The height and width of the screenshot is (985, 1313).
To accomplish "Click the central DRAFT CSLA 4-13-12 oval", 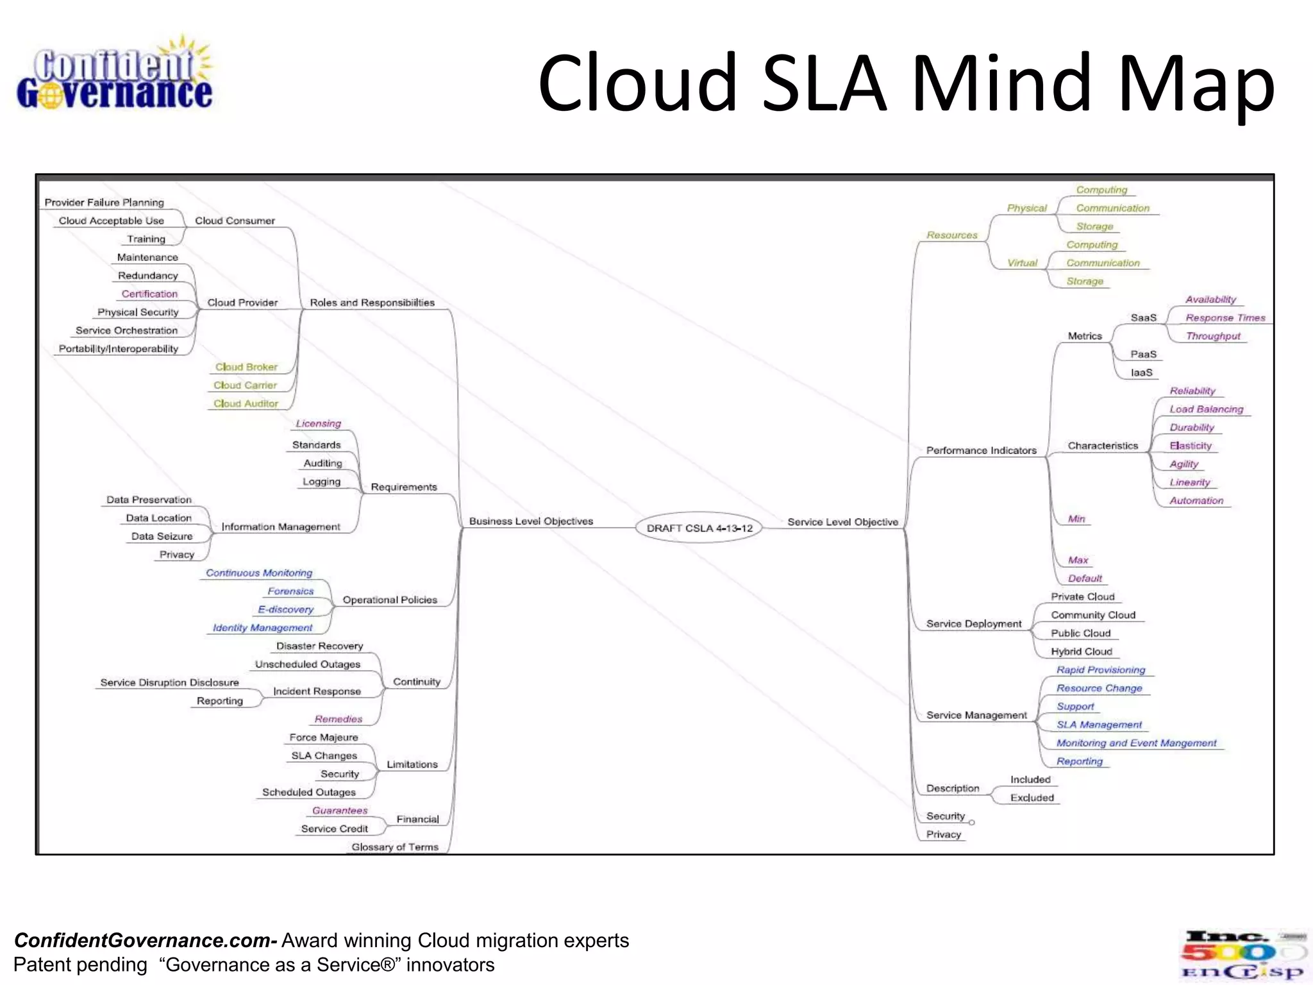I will click(x=699, y=528).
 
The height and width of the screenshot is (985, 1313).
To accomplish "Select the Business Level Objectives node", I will click(x=531, y=521).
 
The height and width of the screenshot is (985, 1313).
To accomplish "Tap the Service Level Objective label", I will click(x=842, y=522).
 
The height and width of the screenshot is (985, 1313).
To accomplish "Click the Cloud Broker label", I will click(x=246, y=367).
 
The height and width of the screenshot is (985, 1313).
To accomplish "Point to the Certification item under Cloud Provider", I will click(x=149, y=294).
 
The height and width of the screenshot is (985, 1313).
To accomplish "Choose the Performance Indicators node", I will click(x=981, y=450).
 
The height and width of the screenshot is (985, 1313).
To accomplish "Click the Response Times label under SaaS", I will click(x=1225, y=317).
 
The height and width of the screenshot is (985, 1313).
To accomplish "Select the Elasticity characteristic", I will click(x=1191, y=446).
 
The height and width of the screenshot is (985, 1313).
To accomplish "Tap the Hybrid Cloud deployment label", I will click(x=1082, y=652).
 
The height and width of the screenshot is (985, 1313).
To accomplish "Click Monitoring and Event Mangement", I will click(x=1136, y=743).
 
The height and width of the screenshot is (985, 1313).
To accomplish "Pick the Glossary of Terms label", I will click(x=395, y=847).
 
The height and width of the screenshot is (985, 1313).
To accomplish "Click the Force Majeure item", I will click(x=324, y=737).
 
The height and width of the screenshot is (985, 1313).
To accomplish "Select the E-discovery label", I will click(x=286, y=609).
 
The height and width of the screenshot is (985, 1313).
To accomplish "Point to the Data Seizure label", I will click(x=162, y=536).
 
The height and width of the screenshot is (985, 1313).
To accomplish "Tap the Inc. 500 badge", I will click(x=1242, y=956).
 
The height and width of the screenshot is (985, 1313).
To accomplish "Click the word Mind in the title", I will click(x=1001, y=83).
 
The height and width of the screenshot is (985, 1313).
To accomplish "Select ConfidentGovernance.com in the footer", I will click(x=145, y=940).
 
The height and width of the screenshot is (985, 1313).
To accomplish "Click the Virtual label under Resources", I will click(x=1022, y=263).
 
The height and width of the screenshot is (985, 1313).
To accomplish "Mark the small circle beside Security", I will click(x=972, y=822).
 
